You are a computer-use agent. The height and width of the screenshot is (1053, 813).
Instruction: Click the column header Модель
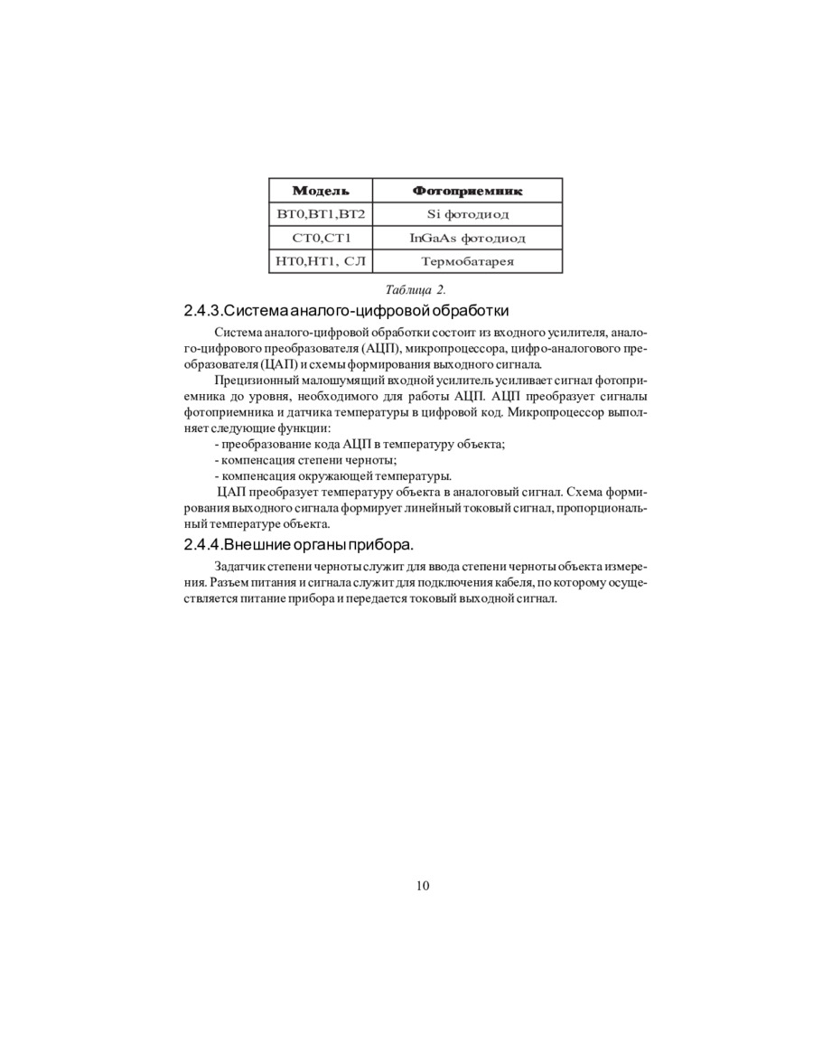321,191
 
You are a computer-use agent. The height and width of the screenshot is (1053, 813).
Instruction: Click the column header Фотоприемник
467,191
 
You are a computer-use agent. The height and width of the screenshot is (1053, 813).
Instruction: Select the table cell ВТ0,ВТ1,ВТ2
321,214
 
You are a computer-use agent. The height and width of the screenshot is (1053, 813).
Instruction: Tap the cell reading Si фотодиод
467,214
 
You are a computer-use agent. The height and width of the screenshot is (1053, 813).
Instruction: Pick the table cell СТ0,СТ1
321,238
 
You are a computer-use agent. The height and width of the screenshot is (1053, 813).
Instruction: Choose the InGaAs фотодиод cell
467,238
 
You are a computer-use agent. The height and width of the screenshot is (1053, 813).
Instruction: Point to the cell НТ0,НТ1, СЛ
321,261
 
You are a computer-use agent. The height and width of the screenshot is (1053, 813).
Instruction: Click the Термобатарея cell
467,261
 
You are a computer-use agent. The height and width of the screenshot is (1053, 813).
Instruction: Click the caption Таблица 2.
416,290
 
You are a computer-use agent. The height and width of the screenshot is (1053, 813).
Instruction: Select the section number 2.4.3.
202,312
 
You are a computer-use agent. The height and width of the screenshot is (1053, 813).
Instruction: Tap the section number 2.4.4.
202,545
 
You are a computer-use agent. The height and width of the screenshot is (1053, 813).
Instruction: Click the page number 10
423,886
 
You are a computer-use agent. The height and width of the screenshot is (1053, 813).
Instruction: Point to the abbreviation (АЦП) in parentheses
377,349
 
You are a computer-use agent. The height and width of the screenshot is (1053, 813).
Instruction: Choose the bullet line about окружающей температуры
332,476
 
